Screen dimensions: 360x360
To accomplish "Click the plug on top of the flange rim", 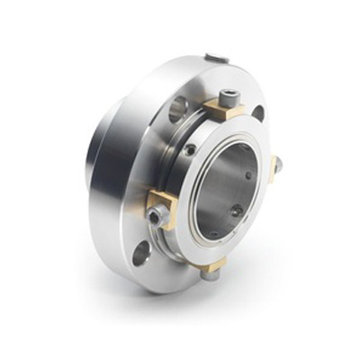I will pyautogui.click(x=216, y=59).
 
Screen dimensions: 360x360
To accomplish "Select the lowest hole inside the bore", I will pyautogui.click(x=214, y=233).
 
